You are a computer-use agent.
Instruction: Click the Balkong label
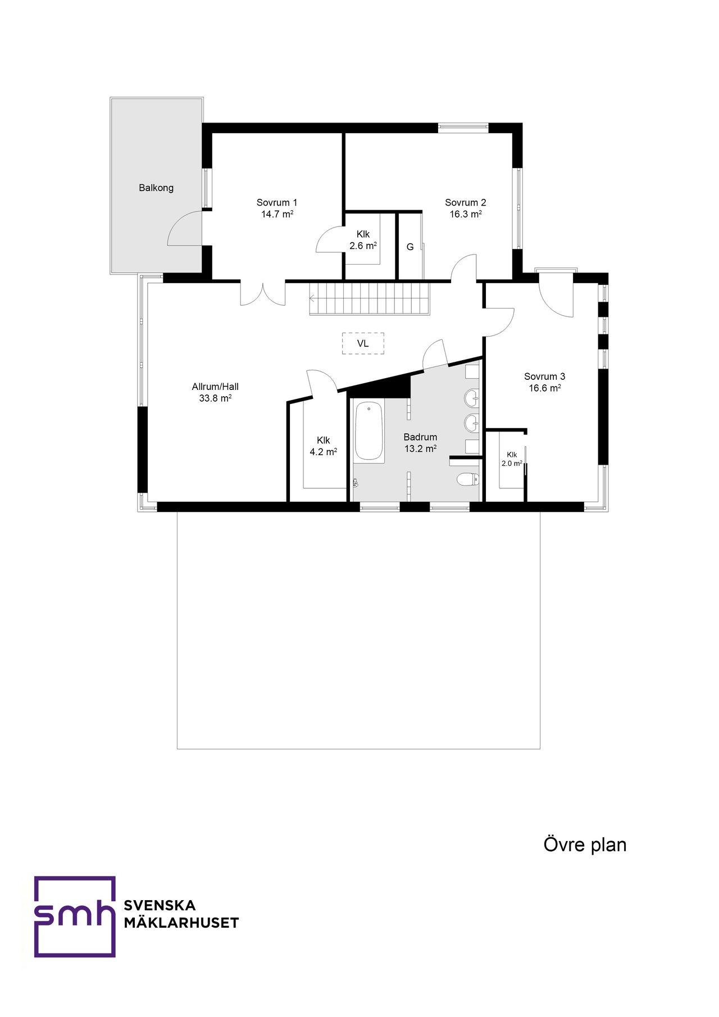[156, 188]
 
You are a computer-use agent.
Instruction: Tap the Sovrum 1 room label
[277, 202]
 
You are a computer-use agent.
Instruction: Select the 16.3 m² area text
[466, 214]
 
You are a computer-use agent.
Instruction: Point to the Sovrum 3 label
[545, 376]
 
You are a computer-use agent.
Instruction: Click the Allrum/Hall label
[215, 387]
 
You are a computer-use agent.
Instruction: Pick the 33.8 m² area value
[215, 398]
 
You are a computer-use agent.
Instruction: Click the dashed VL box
[363, 343]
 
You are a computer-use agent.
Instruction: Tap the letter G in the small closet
[410, 247]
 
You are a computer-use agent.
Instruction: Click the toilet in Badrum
[467, 479]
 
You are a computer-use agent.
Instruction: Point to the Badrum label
[420, 437]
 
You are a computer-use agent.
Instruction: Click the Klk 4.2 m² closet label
[324, 446]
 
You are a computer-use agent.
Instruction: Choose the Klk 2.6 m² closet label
[363, 240]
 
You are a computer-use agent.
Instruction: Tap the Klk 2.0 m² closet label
[512, 459]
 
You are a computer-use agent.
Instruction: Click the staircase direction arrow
[312, 298]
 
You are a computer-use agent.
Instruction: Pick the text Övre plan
[585, 845]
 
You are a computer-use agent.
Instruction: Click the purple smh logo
[74, 916]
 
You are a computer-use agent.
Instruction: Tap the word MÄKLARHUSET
[181, 923]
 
